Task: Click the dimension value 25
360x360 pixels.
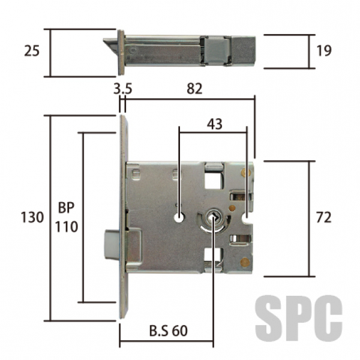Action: point(32,51)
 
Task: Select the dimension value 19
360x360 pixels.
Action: point(324,51)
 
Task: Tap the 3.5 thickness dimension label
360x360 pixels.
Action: point(122,89)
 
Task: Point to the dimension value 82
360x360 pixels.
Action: point(194,89)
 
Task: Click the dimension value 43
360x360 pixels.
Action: point(214,124)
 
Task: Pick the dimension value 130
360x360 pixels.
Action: point(32,217)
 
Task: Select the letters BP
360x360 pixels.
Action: point(66,208)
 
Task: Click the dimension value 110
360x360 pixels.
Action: point(67,227)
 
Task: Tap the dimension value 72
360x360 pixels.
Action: point(324,217)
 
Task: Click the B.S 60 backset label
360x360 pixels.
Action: point(168,331)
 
